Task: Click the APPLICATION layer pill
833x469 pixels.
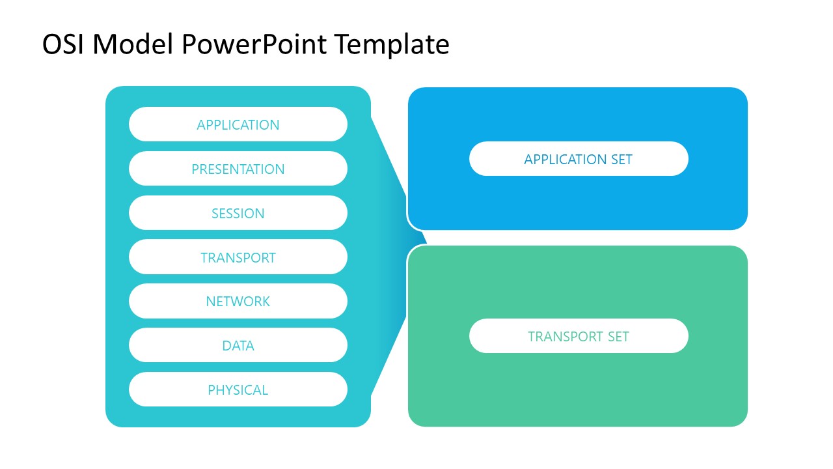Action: point(238,124)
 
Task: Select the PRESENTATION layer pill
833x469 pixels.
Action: point(238,169)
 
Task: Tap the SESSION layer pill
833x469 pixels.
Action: point(238,213)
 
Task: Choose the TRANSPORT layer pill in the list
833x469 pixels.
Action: point(238,257)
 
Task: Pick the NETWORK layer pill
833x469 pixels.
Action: point(238,301)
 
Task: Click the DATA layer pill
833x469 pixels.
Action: point(238,345)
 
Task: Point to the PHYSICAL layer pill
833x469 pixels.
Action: point(238,390)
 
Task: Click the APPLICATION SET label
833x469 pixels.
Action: point(578,159)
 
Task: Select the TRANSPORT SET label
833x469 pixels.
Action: point(578,336)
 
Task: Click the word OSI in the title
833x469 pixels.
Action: point(63,45)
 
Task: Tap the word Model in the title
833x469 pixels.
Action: point(133,45)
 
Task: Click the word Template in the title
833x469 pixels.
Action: point(392,45)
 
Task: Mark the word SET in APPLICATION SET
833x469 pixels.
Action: point(620,159)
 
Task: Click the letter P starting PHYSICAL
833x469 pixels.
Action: point(212,390)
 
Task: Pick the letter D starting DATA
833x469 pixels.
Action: point(226,345)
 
